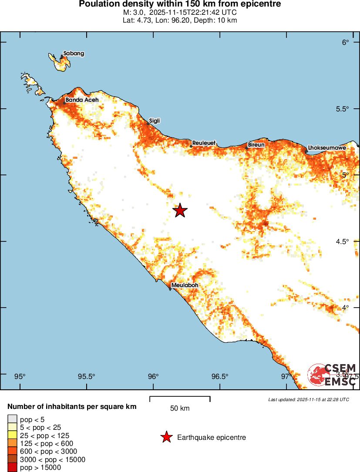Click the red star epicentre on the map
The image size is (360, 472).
(180, 211)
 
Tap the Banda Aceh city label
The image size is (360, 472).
(82, 100)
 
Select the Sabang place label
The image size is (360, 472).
(74, 54)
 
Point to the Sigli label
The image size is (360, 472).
(155, 121)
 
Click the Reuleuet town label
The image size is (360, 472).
(204, 143)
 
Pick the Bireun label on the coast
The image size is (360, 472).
(256, 144)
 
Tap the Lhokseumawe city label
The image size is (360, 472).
(327, 148)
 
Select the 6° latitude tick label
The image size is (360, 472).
(346, 42)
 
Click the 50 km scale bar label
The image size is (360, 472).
(180, 408)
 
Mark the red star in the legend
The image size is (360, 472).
(166, 437)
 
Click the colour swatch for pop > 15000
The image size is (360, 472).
(12, 468)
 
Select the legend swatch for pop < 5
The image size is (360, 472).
(12, 419)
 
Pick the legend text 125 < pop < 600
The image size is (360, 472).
(47, 443)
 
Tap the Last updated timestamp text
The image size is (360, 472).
(309, 399)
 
